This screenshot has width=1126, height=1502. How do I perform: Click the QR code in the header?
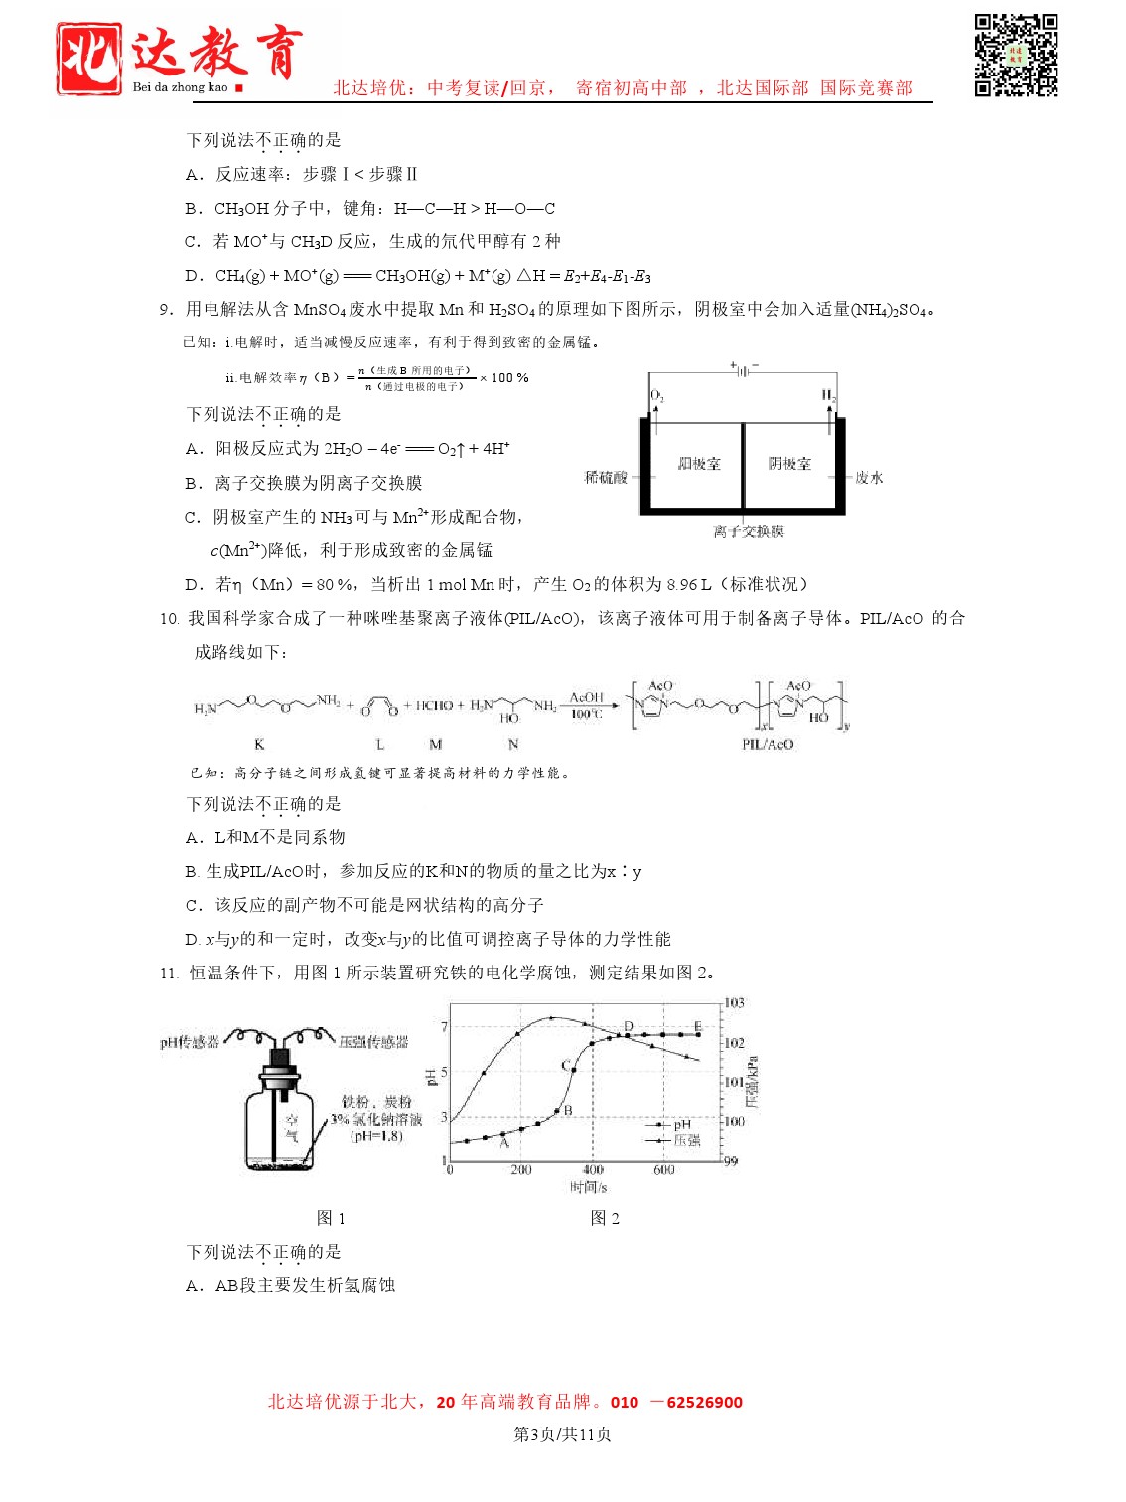pos(1016,55)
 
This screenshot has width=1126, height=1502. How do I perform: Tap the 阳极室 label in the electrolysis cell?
pos(699,464)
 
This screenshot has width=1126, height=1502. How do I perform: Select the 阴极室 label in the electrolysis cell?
pos(789,464)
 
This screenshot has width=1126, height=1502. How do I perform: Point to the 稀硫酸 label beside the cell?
pos(606,478)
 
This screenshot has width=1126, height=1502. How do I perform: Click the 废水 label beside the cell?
pos(869,478)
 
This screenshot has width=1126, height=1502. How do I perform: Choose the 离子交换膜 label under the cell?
pos(748,531)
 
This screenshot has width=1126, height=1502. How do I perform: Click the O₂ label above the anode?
pos(656,396)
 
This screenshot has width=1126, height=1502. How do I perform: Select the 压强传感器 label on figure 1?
pos(373,1042)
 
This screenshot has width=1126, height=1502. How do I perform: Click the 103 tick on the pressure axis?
pos(734,1003)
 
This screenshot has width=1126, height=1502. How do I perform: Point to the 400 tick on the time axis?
pos(593,1170)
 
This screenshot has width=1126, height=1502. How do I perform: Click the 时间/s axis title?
pos(588,1187)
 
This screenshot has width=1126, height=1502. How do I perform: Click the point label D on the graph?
pos(629,1026)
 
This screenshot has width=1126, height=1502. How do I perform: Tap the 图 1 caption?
pos(331,1218)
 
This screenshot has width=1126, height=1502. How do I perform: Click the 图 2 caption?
pos(605,1218)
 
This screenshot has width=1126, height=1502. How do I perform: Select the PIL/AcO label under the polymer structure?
pos(768,744)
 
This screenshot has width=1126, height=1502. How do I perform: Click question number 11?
pos(168,974)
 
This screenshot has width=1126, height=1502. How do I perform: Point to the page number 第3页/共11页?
pos(562,1434)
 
